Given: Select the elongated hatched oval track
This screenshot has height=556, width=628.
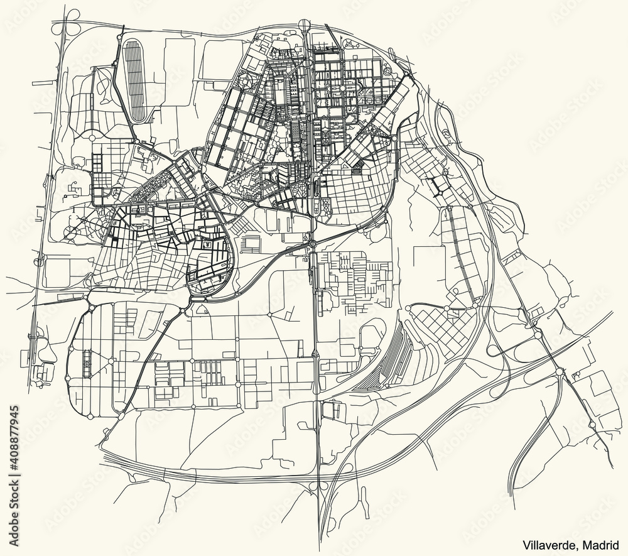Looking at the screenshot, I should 135,79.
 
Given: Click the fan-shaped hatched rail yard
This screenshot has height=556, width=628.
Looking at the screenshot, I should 386,361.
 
